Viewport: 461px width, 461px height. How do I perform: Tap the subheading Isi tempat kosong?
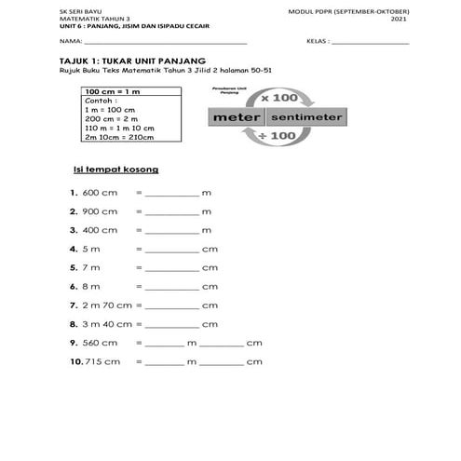(115, 169)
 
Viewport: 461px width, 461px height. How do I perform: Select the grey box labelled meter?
(236, 119)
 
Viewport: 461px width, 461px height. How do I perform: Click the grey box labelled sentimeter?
(305, 119)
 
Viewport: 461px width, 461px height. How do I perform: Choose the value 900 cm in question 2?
(100, 211)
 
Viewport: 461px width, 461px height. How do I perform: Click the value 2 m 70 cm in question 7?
(106, 305)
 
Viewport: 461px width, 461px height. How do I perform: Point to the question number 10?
(77, 361)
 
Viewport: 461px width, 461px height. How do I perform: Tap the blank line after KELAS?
(370, 43)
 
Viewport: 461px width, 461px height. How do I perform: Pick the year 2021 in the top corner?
(400, 19)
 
